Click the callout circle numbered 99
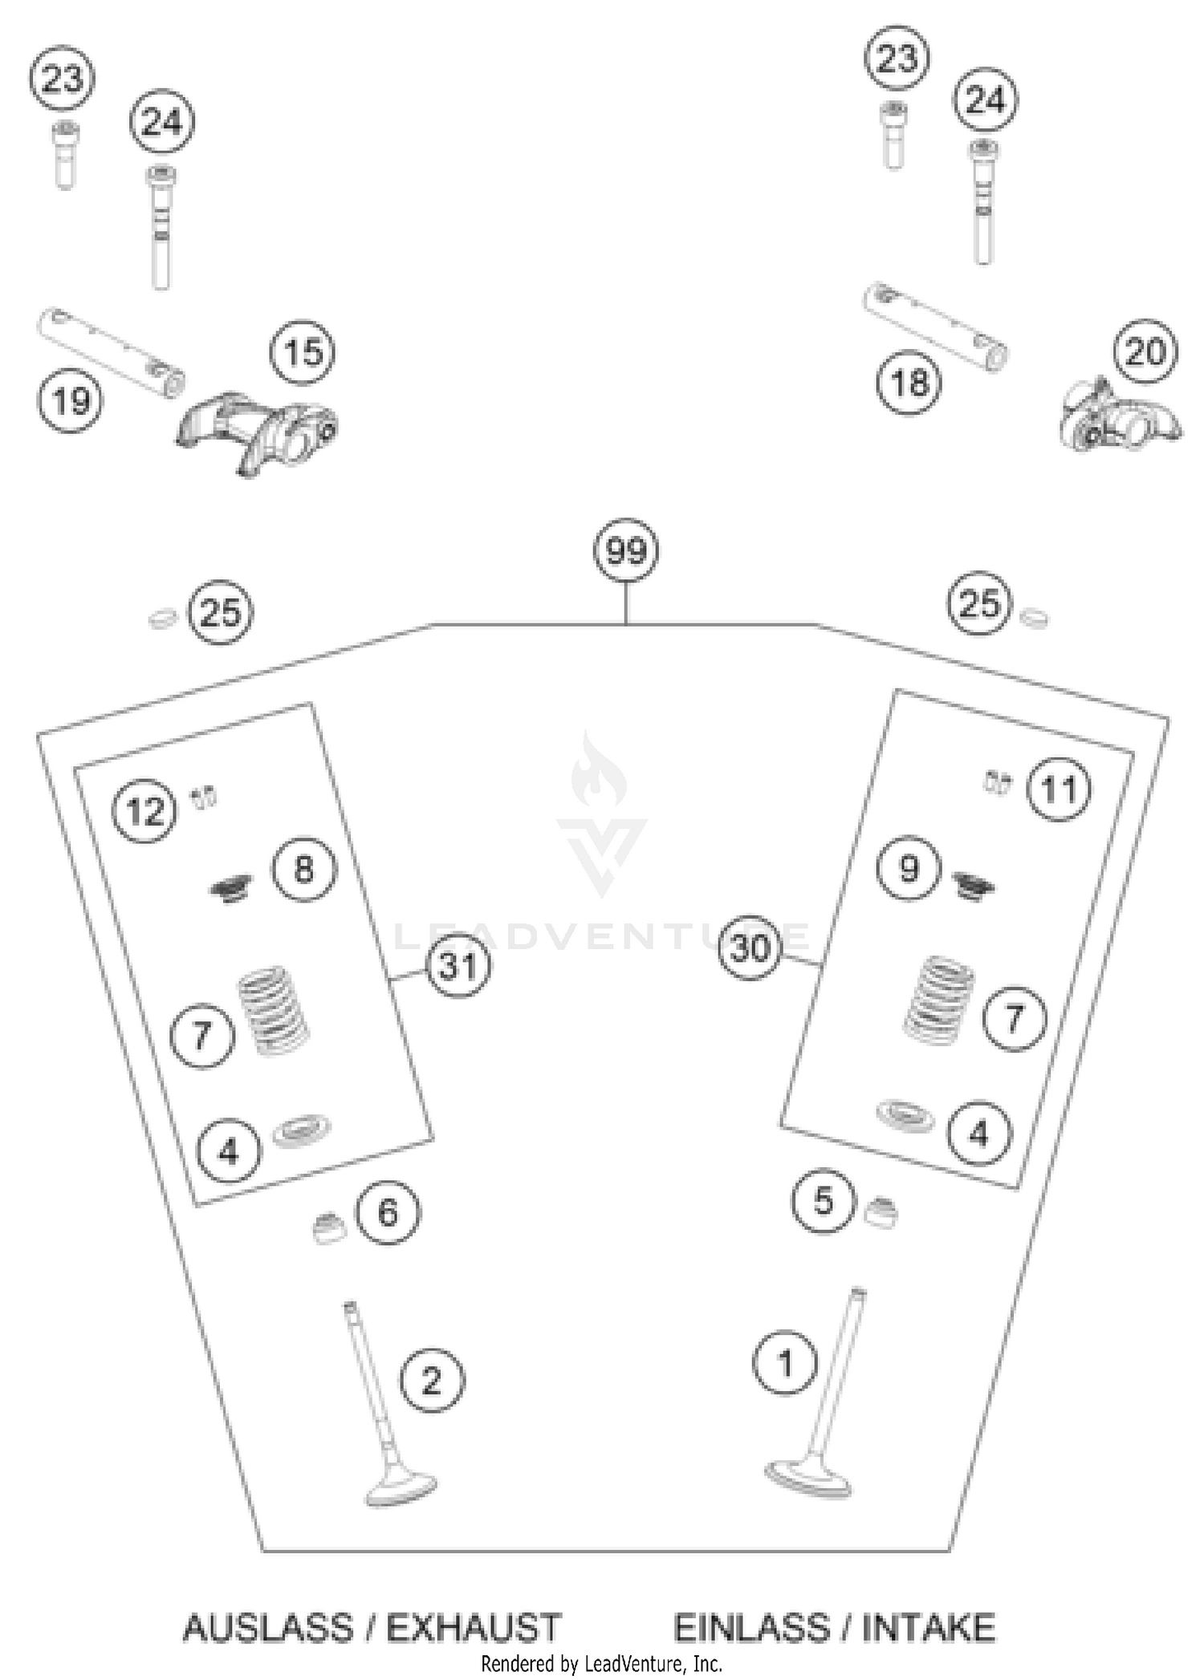pyautogui.click(x=625, y=551)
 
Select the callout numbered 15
pyautogui.click(x=303, y=352)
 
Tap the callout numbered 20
pyautogui.click(x=1145, y=352)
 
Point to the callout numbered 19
pyautogui.click(x=71, y=400)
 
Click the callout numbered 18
pyautogui.click(x=909, y=383)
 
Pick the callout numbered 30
pyautogui.click(x=750, y=949)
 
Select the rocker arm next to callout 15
pyautogui.click(x=257, y=429)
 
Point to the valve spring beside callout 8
pyautogui.click(x=231, y=887)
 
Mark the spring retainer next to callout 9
pyautogui.click(x=974, y=885)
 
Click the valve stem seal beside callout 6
pyautogui.click(x=328, y=1228)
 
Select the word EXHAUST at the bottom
pyautogui.click(x=473, y=1628)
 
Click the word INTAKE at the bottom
pyautogui.click(x=929, y=1628)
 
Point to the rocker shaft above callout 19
pyautogui.click(x=111, y=350)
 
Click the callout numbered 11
pyautogui.click(x=1059, y=790)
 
